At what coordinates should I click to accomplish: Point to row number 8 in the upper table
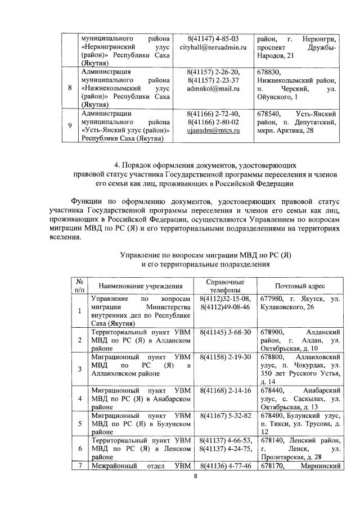(x=69, y=88)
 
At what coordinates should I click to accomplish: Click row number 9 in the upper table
(x=69, y=125)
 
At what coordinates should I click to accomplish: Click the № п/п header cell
(x=79, y=286)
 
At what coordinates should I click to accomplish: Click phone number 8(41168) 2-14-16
(x=225, y=390)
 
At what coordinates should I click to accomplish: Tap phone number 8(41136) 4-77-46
(x=225, y=465)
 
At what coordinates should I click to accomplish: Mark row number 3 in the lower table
(x=79, y=369)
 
